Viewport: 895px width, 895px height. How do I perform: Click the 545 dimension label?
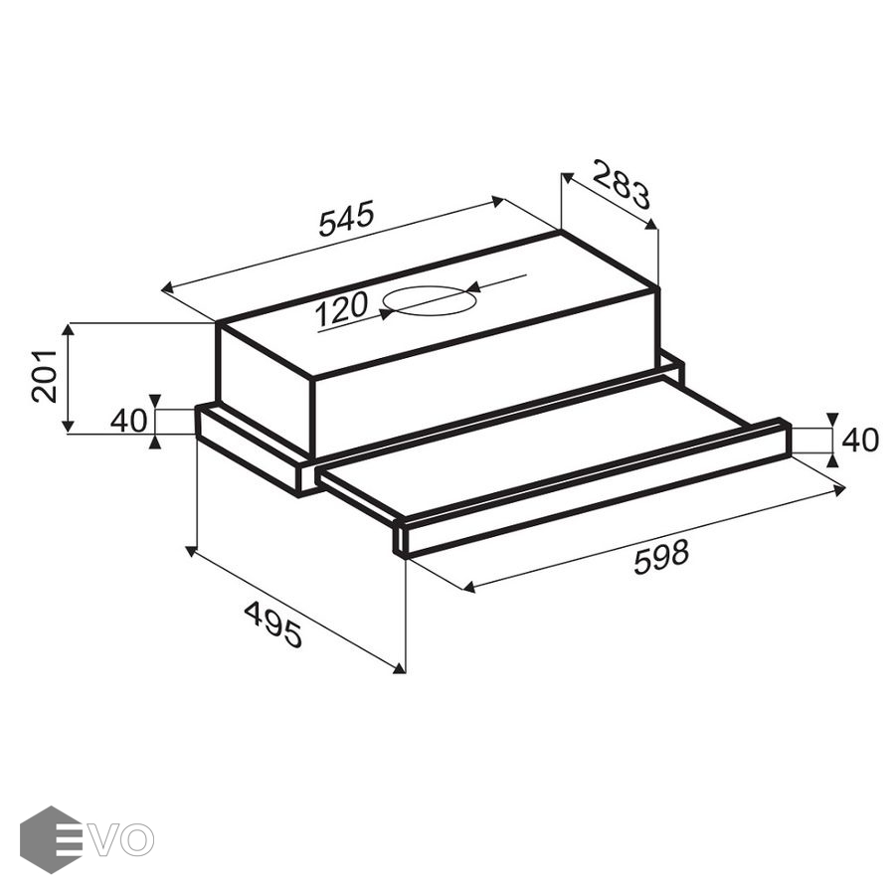[346, 218]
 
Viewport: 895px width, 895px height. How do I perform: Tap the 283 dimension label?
[621, 184]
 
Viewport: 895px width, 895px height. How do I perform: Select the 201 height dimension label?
[44, 376]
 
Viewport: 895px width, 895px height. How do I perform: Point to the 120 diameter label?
[341, 308]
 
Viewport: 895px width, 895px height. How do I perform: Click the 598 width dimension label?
[661, 557]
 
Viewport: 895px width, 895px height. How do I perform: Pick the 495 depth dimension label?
[272, 625]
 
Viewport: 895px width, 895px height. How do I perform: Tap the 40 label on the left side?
[128, 422]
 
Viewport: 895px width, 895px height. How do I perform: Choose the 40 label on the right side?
[860, 441]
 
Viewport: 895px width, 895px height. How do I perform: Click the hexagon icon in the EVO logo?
[52, 839]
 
